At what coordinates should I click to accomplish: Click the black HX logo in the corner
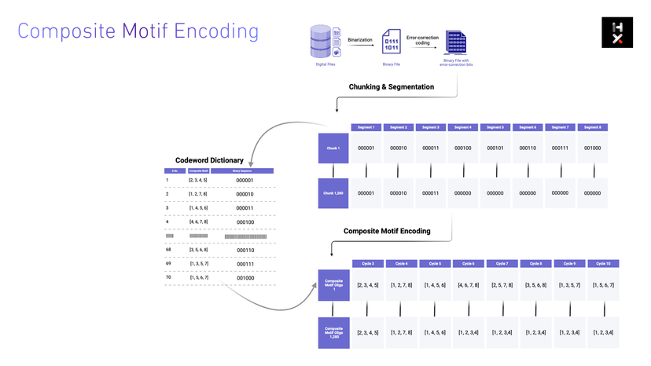[617, 32]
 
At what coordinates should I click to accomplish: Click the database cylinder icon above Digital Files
[321, 41]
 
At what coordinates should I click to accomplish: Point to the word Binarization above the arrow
[360, 39]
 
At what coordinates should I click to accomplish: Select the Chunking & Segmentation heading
[391, 86]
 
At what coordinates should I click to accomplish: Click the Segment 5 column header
[495, 127]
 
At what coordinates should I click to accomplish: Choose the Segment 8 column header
[593, 127]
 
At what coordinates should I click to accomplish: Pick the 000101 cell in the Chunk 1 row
[495, 148]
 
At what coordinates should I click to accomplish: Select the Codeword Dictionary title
[208, 159]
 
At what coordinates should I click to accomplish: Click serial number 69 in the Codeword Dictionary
[167, 264]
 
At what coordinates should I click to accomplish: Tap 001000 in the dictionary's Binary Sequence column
[246, 277]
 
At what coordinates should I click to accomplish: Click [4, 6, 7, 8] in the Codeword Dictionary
[199, 221]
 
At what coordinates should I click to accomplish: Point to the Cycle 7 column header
[502, 264]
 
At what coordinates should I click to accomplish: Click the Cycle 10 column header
[604, 264]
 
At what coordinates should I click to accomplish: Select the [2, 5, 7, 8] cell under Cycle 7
[502, 284]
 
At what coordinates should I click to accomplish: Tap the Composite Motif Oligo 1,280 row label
[333, 331]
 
